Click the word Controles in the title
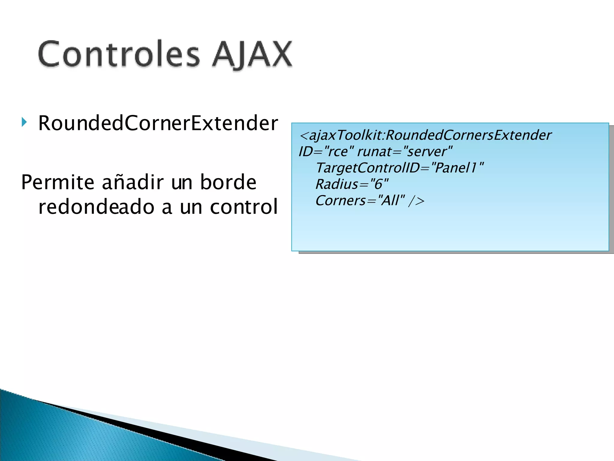click(118, 55)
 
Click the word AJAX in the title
click(252, 55)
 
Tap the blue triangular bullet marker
click(24, 122)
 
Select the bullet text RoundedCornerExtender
click(158, 123)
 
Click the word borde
click(228, 182)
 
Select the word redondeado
click(96, 207)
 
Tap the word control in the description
click(244, 207)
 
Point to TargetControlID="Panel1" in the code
click(399, 168)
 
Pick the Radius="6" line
click(352, 184)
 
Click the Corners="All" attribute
click(360, 200)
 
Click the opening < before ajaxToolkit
click(303, 136)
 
